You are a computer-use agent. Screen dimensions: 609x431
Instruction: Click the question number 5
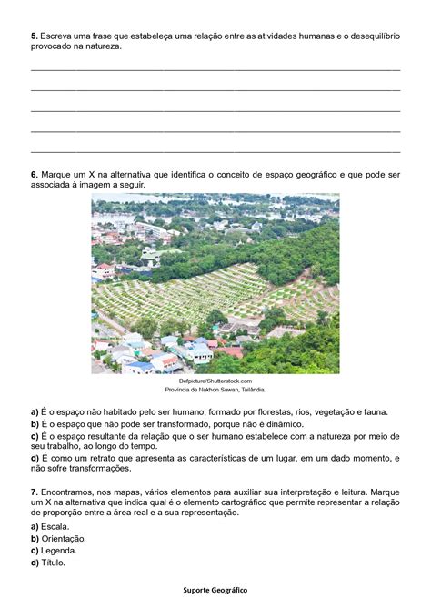pyautogui.click(x=34, y=35)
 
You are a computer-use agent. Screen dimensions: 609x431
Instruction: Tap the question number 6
pyautogui.click(x=34, y=173)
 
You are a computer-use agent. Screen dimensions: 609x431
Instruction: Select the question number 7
pyautogui.click(x=34, y=491)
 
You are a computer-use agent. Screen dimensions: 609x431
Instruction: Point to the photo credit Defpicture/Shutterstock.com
pyautogui.click(x=215, y=381)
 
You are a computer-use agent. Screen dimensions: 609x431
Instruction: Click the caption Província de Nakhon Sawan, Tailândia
pyautogui.click(x=215, y=389)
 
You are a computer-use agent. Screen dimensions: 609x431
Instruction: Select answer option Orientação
pyautogui.click(x=61, y=538)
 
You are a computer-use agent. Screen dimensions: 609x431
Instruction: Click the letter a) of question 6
pyautogui.click(x=35, y=411)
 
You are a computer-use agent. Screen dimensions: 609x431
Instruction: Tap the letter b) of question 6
pyautogui.click(x=35, y=423)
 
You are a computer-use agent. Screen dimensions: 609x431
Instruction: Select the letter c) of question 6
pyautogui.click(x=35, y=435)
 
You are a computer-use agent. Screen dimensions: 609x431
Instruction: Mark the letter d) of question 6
pyautogui.click(x=35, y=459)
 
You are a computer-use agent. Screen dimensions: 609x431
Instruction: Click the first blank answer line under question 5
pyautogui.click(x=215, y=69)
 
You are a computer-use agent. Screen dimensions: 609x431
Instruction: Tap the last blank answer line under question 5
pyautogui.click(x=215, y=151)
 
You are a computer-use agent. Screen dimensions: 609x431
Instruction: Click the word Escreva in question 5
pyautogui.click(x=57, y=35)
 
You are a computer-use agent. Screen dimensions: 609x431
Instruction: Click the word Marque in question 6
pyautogui.click(x=57, y=173)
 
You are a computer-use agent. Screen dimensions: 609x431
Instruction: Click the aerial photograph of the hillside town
pyautogui.click(x=215, y=283)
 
